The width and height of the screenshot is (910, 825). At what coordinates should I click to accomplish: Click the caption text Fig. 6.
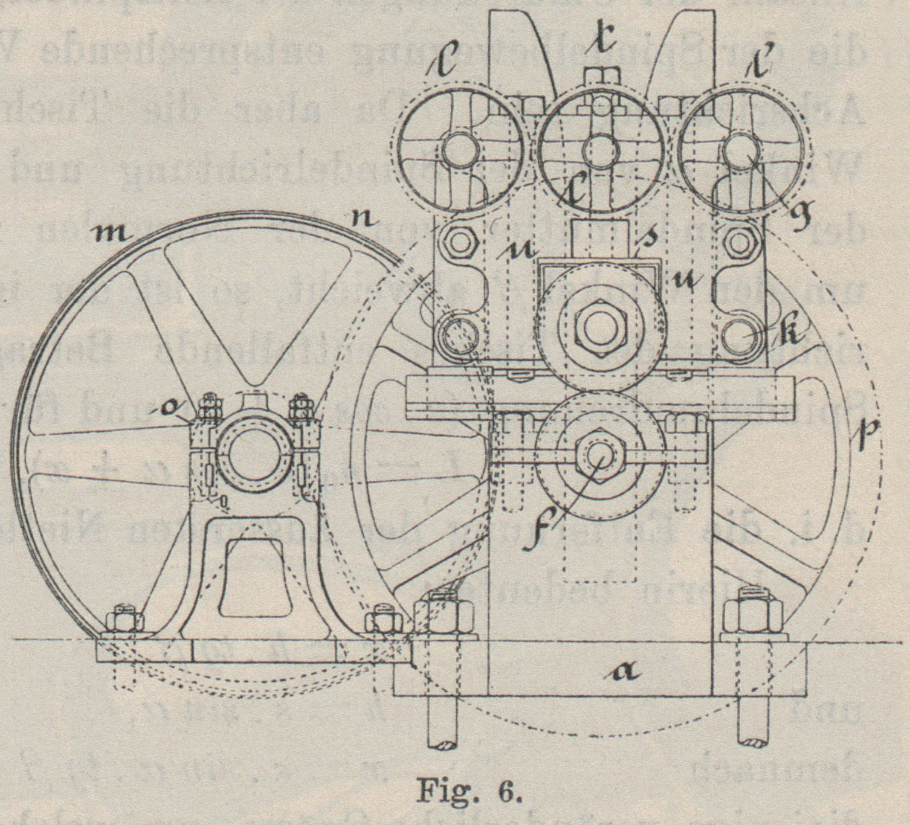point(469,791)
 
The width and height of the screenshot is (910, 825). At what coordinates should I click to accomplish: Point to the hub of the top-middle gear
point(600,149)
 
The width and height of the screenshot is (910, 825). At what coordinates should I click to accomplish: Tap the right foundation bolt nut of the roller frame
point(752,614)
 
